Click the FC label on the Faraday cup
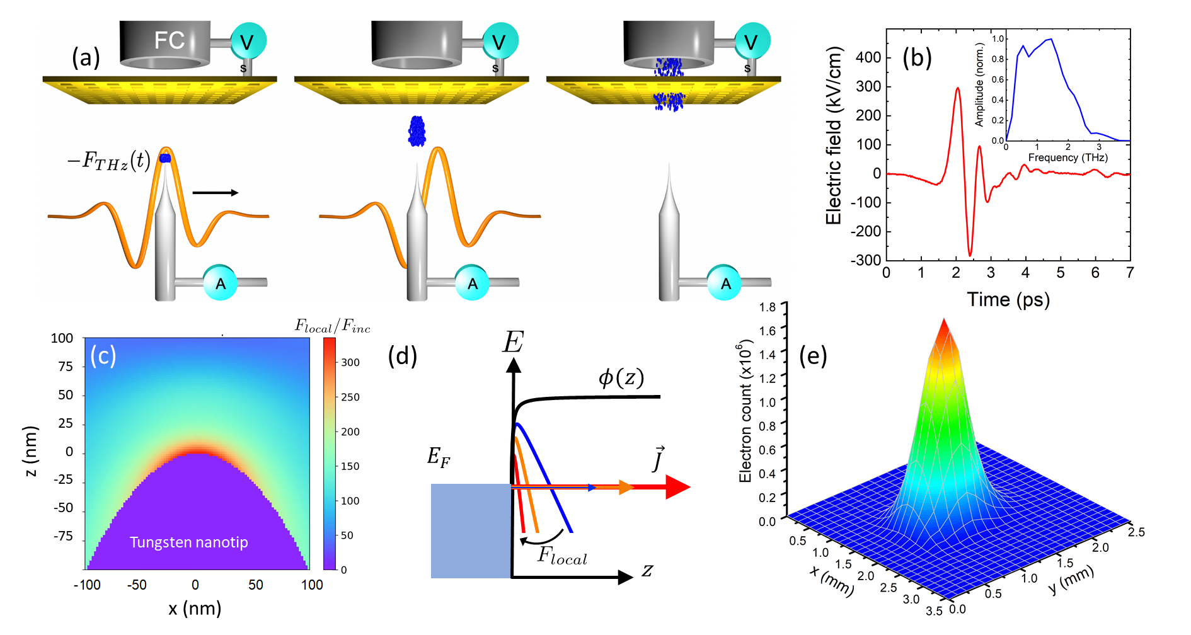[169, 41]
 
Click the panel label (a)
[86, 58]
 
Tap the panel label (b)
[917, 58]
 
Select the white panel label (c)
[103, 357]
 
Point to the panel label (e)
[813, 357]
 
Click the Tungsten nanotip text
[188, 542]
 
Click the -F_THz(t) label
[109, 161]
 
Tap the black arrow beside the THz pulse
[215, 193]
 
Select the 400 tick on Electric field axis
[868, 58]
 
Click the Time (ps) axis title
[1008, 300]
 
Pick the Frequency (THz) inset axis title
[1067, 157]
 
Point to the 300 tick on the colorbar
[350, 363]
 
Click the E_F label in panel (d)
[439, 457]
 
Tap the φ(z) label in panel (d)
[621, 378]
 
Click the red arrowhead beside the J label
[677, 487]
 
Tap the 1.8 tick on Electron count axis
[768, 307]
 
